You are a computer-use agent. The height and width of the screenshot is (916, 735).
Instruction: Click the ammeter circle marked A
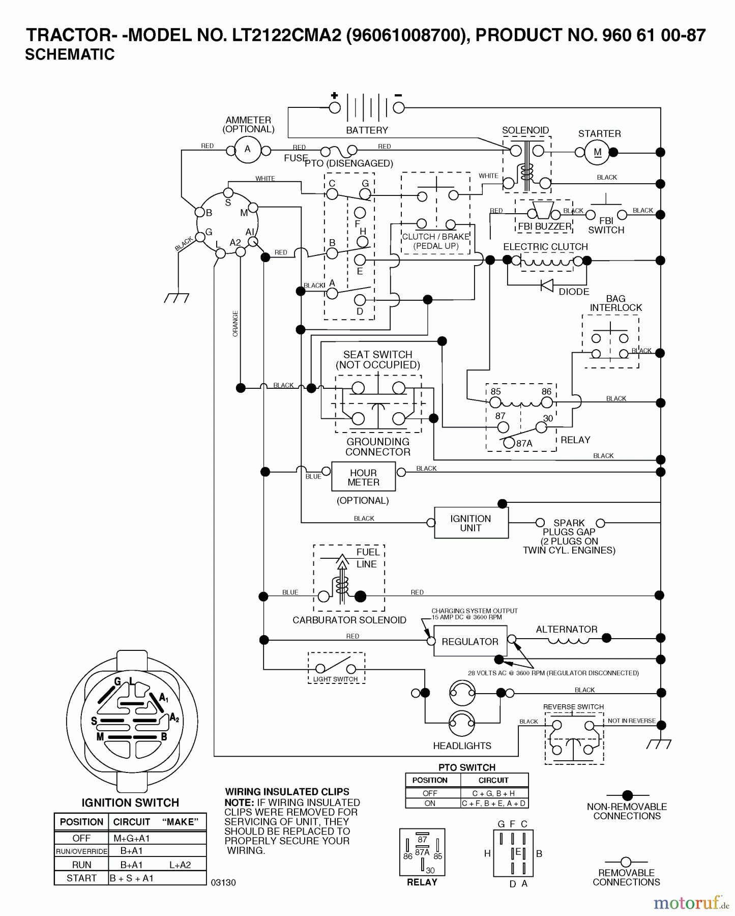[248, 150]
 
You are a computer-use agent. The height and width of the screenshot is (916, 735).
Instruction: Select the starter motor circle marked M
[597, 152]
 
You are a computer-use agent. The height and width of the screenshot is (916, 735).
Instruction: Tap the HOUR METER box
[363, 477]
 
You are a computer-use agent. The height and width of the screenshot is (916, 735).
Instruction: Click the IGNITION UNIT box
[471, 523]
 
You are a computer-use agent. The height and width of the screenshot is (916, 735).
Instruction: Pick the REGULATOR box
[470, 641]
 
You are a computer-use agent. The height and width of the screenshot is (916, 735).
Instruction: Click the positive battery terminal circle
[335, 107]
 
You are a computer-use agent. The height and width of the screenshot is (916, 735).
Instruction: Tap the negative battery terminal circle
[399, 107]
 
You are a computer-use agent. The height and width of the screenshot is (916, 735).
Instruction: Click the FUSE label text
[296, 158]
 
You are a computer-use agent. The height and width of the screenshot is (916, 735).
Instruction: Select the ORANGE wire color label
[235, 324]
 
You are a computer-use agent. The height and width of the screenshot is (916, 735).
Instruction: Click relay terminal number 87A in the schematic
[524, 443]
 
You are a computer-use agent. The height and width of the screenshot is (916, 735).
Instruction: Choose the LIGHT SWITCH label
[335, 679]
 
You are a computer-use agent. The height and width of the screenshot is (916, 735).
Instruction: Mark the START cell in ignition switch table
[81, 878]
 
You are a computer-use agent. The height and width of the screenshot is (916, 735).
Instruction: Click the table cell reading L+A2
[180, 865]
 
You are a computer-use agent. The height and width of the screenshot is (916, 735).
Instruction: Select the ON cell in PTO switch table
[430, 803]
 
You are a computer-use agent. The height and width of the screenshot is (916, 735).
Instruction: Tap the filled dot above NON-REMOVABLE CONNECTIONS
[627, 795]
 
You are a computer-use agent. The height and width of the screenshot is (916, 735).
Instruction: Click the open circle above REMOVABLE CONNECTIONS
[626, 862]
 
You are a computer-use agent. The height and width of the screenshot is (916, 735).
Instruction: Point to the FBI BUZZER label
[545, 226]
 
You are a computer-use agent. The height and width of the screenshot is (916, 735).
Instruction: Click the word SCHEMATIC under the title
[70, 54]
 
